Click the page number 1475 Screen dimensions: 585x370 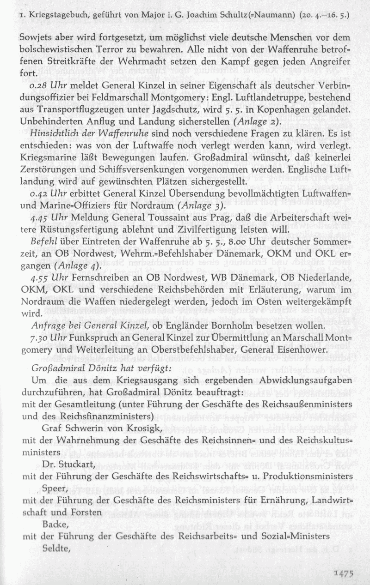point(343,574)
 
